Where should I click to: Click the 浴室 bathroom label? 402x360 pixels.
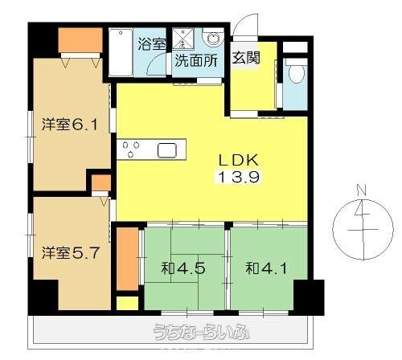pyautogui.click(x=152, y=44)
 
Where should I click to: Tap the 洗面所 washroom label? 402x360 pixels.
pyautogui.click(x=196, y=61)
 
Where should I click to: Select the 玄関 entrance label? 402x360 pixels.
pyautogui.click(x=246, y=57)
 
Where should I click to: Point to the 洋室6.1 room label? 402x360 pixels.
pyautogui.click(x=69, y=125)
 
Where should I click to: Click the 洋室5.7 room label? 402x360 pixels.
pyautogui.click(x=71, y=253)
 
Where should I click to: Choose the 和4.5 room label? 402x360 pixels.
pyautogui.click(x=183, y=268)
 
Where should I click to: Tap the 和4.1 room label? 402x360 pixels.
pyautogui.click(x=266, y=268)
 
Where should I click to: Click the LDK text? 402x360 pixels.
pyautogui.click(x=239, y=160)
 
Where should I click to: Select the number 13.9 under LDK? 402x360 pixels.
pyautogui.click(x=239, y=177)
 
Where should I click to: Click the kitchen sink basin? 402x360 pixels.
pyautogui.click(x=167, y=150)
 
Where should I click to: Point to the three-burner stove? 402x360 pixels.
pyautogui.click(x=131, y=149)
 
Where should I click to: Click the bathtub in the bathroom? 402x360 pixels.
pyautogui.click(x=121, y=52)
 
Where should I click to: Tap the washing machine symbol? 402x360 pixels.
pyautogui.click(x=183, y=39)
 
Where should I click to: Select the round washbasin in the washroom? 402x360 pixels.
pyautogui.click(x=213, y=39)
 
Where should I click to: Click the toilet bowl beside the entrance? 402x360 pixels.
pyautogui.click(x=295, y=72)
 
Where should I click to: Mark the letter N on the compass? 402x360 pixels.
pyautogui.click(x=362, y=190)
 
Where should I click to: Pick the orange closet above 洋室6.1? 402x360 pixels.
pyautogui.click(x=80, y=40)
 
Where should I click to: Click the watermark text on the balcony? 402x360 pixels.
pyautogui.click(x=202, y=333)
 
